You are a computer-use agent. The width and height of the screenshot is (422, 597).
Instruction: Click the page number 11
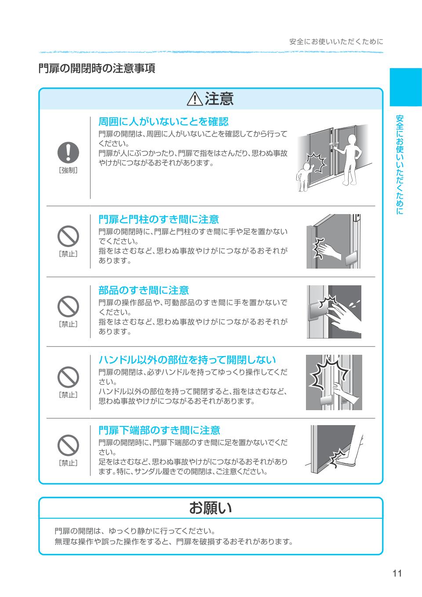pyautogui.click(x=397, y=573)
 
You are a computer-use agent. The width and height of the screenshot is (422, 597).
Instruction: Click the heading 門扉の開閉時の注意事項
pyautogui.click(x=97, y=69)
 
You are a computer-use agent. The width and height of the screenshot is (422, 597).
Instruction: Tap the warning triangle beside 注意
pyautogui.click(x=194, y=99)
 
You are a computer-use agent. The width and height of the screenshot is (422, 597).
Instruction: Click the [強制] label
pyautogui.click(x=68, y=171)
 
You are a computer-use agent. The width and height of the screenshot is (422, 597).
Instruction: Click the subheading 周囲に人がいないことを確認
pyautogui.click(x=163, y=121)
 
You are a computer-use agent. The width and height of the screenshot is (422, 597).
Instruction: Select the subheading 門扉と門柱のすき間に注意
pyautogui.click(x=158, y=219)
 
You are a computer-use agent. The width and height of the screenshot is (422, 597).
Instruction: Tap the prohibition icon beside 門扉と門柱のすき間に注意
pyautogui.click(x=68, y=237)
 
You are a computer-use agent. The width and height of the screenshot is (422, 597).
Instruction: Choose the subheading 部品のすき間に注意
pyautogui.click(x=143, y=290)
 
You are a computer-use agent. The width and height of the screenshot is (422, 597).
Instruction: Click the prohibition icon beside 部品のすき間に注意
pyautogui.click(x=68, y=306)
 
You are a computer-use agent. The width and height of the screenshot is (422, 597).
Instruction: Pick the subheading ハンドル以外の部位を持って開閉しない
pyautogui.click(x=187, y=360)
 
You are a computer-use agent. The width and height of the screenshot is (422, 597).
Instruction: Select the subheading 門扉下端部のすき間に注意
pyautogui.click(x=159, y=430)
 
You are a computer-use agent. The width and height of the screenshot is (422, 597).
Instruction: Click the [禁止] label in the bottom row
pyautogui.click(x=68, y=463)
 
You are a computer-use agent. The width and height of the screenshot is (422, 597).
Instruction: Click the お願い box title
pyautogui.click(x=210, y=508)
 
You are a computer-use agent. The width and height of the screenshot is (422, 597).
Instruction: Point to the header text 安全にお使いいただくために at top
pyautogui.click(x=336, y=42)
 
